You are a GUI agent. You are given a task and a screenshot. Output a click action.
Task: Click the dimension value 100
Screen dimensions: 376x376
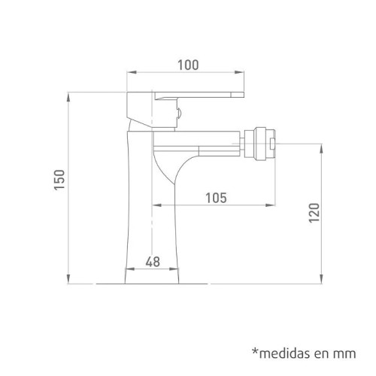pos(189,65)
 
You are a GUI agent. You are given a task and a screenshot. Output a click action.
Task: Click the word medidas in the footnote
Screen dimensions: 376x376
pos(286,352)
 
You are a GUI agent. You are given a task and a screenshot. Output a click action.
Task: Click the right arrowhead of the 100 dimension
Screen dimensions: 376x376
pos(245,73)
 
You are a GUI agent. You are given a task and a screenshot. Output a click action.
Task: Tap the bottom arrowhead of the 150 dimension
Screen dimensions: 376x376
pos(69,281)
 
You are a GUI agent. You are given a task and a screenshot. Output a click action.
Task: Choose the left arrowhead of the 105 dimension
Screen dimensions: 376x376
pos(155,205)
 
